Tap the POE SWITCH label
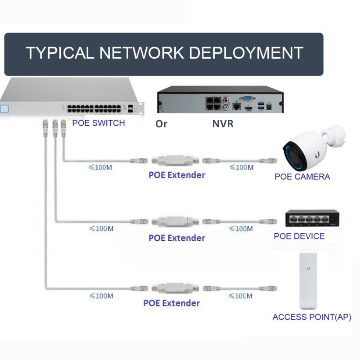coord(99,123)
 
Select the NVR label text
coord(223,124)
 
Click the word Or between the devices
coord(161,124)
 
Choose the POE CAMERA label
coord(302,177)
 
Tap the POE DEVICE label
coord(299,236)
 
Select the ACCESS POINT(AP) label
coord(312,317)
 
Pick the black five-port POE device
coord(311,218)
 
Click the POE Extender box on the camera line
coord(177,160)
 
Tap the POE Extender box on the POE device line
coord(177,221)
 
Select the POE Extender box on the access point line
coord(177,287)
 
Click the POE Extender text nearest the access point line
coord(171,303)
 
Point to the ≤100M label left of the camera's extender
coord(100,167)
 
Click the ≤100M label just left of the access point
coord(241,296)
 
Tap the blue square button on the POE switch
coord(4,108)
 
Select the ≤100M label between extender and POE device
coord(241,229)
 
